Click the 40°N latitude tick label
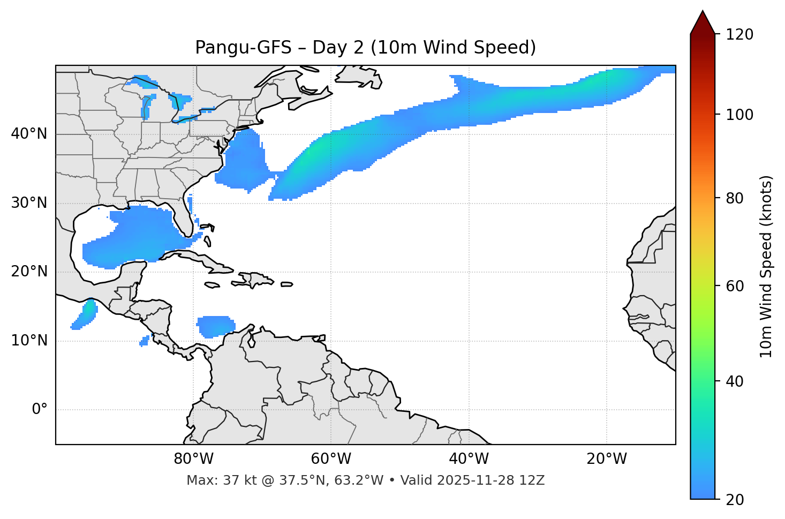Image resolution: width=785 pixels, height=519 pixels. pyautogui.click(x=29, y=134)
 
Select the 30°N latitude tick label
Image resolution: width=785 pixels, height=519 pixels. pyautogui.click(x=29, y=203)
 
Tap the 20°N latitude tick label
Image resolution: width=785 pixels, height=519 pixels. pyautogui.click(x=29, y=272)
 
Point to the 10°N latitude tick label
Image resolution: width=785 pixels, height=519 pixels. pyautogui.click(x=29, y=341)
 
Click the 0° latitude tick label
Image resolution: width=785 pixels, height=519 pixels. pyautogui.click(x=40, y=410)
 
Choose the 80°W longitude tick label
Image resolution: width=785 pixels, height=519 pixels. pyautogui.click(x=193, y=459)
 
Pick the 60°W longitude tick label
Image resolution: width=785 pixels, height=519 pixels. pyautogui.click(x=331, y=459)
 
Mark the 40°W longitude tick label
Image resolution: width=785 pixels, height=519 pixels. pyautogui.click(x=469, y=459)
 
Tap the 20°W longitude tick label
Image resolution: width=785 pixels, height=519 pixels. pyautogui.click(x=606, y=459)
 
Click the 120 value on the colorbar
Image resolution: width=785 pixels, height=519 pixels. pyautogui.click(x=739, y=34)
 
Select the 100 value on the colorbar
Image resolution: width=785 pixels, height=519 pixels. pyautogui.click(x=739, y=115)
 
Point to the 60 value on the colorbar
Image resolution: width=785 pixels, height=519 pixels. pyautogui.click(x=735, y=286)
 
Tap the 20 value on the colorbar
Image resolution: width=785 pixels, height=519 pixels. pyautogui.click(x=735, y=500)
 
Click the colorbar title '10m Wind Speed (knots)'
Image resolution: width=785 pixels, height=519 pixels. pyautogui.click(x=766, y=266)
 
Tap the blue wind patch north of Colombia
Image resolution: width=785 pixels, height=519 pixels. pyautogui.click(x=216, y=326)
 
